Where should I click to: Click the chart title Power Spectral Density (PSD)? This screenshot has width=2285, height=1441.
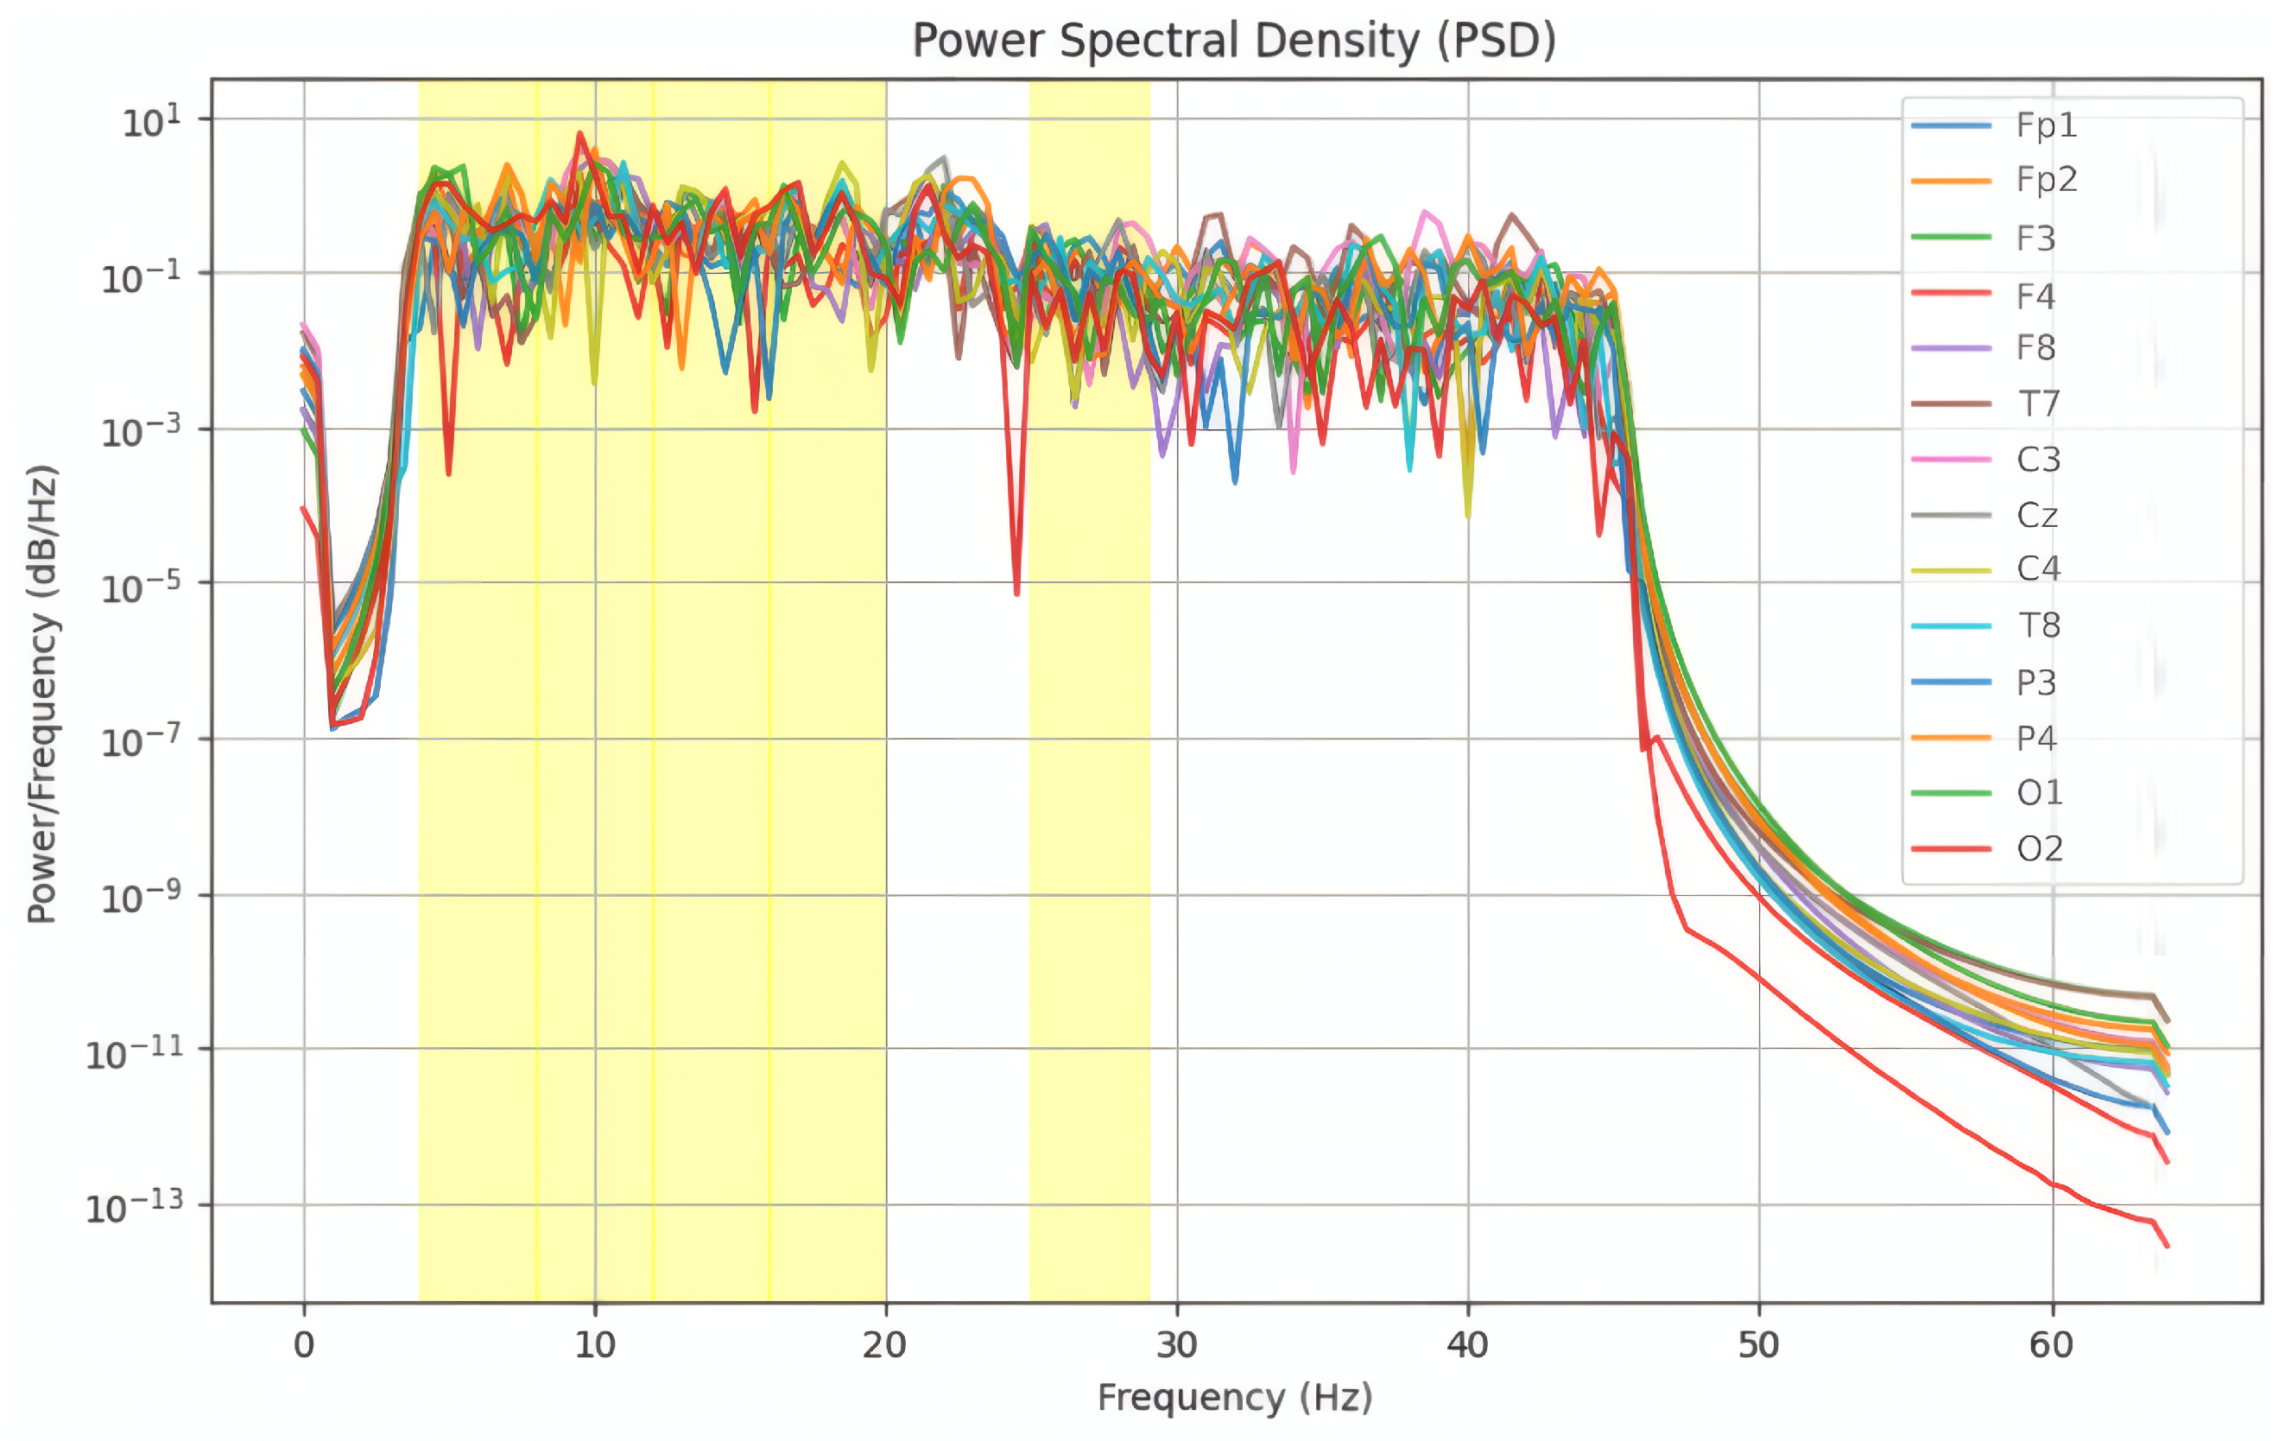coord(1233,40)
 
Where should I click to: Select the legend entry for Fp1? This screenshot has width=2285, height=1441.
coord(2046,124)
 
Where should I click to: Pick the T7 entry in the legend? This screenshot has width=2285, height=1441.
coord(2037,403)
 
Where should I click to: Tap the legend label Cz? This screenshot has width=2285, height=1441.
coord(2036,515)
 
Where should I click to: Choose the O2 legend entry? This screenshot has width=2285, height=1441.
coord(2039,847)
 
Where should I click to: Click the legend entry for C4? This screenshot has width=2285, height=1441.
coord(2037,568)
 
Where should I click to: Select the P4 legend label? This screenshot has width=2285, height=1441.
coord(2035,737)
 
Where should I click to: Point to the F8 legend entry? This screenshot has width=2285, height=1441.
coord(2035,347)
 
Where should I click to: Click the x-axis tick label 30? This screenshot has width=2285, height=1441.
coord(1177,1344)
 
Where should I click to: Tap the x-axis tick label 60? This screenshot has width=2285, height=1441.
coord(2051,1344)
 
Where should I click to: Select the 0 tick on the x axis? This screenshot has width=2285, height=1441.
coord(304,1344)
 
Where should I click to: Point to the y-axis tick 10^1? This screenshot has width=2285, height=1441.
coord(150,122)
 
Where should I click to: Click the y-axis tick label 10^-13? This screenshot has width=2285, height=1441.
coord(134,1208)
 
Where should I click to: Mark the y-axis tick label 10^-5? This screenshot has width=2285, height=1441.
coord(141,586)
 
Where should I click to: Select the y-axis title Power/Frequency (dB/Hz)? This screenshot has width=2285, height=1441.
coord(41,693)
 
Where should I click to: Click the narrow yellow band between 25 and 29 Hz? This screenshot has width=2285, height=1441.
coord(1089,759)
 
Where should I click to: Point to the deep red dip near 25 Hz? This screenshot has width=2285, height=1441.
coord(1016,588)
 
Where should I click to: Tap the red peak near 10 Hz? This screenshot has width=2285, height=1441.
coord(579,136)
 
